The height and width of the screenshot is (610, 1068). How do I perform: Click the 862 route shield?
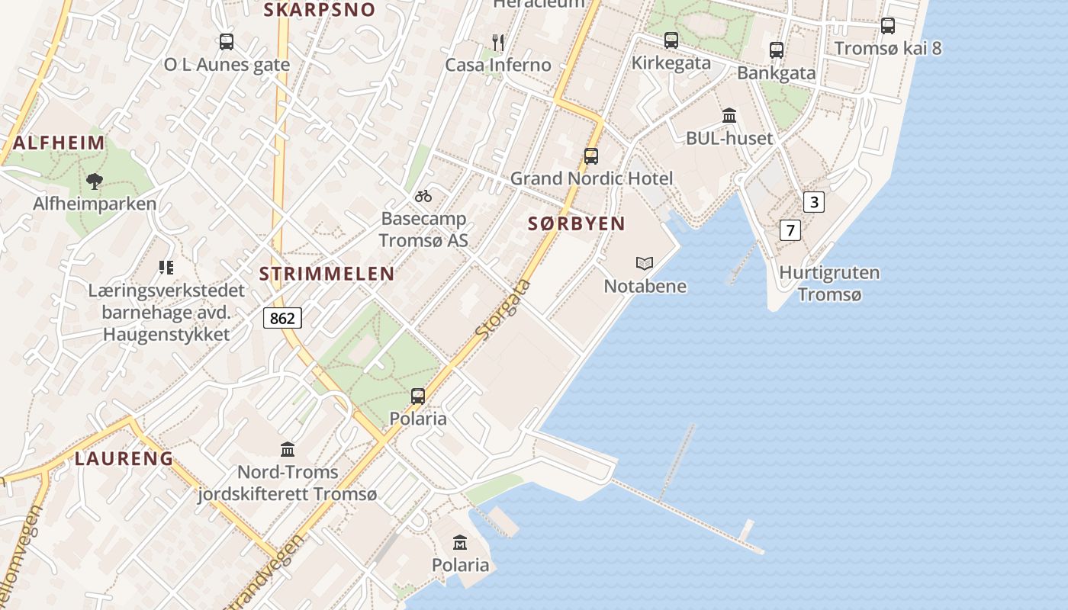tap(282, 318)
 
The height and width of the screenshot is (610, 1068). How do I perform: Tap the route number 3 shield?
tap(814, 202)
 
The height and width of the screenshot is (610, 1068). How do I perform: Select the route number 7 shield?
tap(790, 230)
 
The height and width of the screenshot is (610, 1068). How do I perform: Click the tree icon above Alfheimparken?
tap(95, 181)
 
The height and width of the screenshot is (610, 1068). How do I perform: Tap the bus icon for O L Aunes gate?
tap(227, 42)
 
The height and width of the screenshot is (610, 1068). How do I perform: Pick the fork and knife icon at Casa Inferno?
tap(498, 43)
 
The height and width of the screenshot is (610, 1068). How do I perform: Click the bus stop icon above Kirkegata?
tap(671, 40)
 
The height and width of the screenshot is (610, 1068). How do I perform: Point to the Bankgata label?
tap(776, 73)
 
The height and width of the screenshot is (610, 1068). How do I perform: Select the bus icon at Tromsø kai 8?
tap(887, 26)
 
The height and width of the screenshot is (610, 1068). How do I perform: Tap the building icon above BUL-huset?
tap(729, 116)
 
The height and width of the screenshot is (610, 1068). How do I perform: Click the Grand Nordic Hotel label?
tap(591, 178)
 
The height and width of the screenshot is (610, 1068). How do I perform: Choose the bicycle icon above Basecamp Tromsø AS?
tap(423, 197)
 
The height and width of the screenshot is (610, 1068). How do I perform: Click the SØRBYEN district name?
tap(576, 223)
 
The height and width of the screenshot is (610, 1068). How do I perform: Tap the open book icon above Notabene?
tap(645, 264)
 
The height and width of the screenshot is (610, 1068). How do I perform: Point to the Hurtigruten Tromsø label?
tap(828, 283)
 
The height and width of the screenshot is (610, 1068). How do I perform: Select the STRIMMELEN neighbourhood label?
tap(327, 274)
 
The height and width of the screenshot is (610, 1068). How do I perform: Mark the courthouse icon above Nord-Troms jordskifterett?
tap(288, 449)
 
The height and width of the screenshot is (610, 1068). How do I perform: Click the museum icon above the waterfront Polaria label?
tap(460, 543)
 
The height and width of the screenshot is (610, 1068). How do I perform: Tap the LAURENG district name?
tap(124, 458)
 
